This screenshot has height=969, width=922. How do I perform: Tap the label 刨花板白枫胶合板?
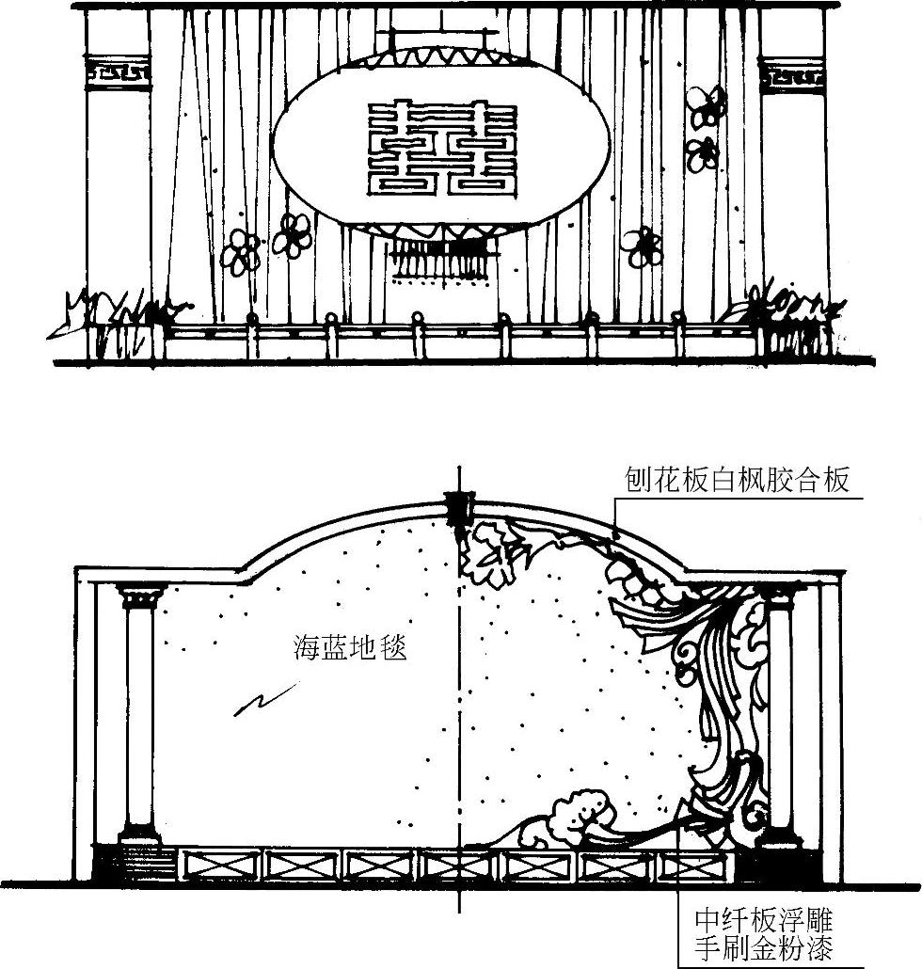pyautogui.click(x=738, y=481)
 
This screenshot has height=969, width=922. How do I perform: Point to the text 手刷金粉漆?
pyautogui.click(x=764, y=947)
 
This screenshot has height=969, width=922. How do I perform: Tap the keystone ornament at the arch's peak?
pyautogui.click(x=460, y=508)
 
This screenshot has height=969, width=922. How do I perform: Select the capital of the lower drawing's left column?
pyautogui.click(x=140, y=595)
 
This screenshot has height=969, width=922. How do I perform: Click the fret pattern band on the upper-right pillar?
pyautogui.click(x=792, y=73)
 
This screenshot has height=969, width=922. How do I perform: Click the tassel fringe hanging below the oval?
pyautogui.click(x=442, y=260)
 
